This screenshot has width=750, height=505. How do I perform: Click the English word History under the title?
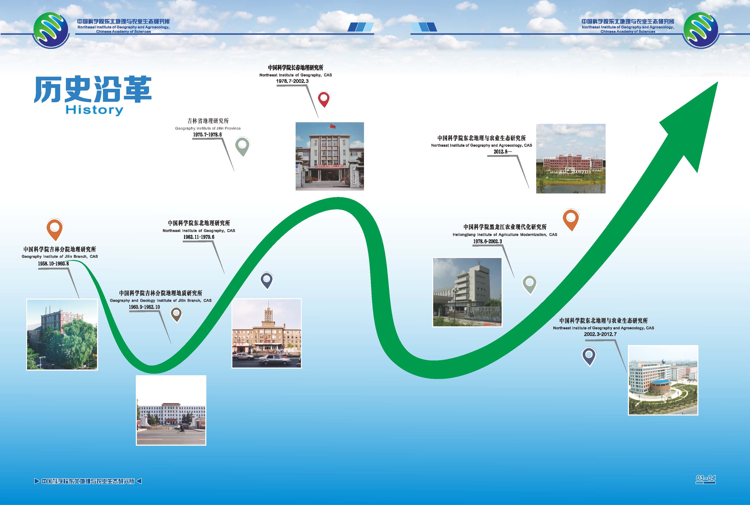(94, 110)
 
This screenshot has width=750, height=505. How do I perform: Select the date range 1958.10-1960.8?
(54, 264)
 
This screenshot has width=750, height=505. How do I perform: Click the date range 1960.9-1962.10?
(144, 307)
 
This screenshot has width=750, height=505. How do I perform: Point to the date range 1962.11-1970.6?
(199, 237)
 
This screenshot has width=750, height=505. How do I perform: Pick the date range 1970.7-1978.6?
(207, 135)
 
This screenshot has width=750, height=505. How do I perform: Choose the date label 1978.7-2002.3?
(292, 81)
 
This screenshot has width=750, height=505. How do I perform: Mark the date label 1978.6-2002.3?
(487, 241)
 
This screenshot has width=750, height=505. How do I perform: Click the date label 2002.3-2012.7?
(600, 334)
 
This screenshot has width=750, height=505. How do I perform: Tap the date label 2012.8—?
(503, 151)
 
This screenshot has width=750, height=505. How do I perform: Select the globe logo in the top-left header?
(51, 30)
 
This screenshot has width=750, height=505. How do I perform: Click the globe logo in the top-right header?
(700, 30)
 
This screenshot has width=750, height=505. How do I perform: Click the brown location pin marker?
(176, 314)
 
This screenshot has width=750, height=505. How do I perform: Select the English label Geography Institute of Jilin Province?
(208, 128)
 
